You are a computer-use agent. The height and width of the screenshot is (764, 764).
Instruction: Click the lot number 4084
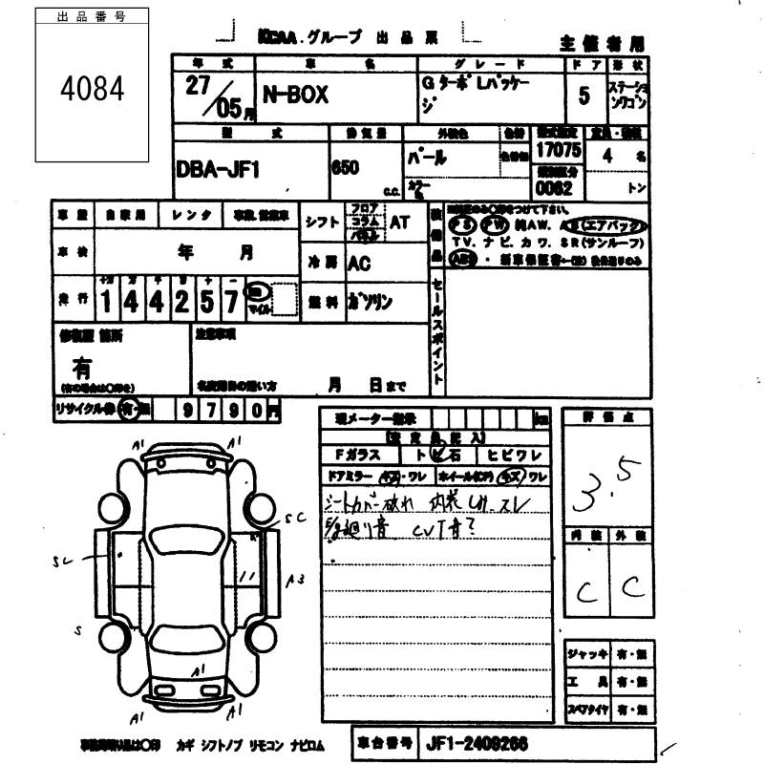tap(93, 89)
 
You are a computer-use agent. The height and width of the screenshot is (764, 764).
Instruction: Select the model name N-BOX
tap(295, 95)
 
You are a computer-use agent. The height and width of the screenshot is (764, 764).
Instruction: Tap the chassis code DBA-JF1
tap(218, 169)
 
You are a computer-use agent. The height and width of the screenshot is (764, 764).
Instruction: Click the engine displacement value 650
tap(345, 166)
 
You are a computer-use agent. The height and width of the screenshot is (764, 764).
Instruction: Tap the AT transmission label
tap(398, 222)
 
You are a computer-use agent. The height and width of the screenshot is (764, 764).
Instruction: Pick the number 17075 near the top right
tap(558, 151)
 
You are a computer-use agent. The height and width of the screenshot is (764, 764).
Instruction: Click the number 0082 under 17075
tap(553, 188)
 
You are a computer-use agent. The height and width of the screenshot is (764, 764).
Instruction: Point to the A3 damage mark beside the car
tap(296, 579)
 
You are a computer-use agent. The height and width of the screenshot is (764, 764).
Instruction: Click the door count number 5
tap(584, 95)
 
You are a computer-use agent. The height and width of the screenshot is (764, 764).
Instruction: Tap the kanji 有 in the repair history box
tap(82, 366)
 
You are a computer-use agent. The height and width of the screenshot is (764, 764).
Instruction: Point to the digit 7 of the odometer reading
tap(230, 302)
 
